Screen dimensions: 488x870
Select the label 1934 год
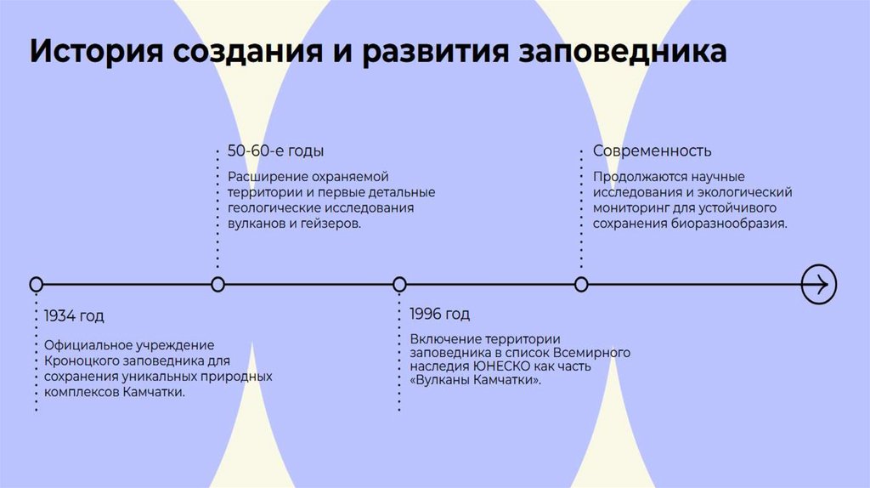click(74, 316)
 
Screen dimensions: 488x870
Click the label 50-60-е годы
click(275, 151)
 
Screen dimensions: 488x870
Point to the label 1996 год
click(439, 315)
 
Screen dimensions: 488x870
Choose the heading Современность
click(652, 151)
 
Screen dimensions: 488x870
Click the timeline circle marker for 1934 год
click(36, 284)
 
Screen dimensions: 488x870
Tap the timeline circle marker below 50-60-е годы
click(217, 284)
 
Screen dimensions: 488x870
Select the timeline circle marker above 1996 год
click(399, 284)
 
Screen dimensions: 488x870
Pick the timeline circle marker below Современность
click(581, 284)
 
